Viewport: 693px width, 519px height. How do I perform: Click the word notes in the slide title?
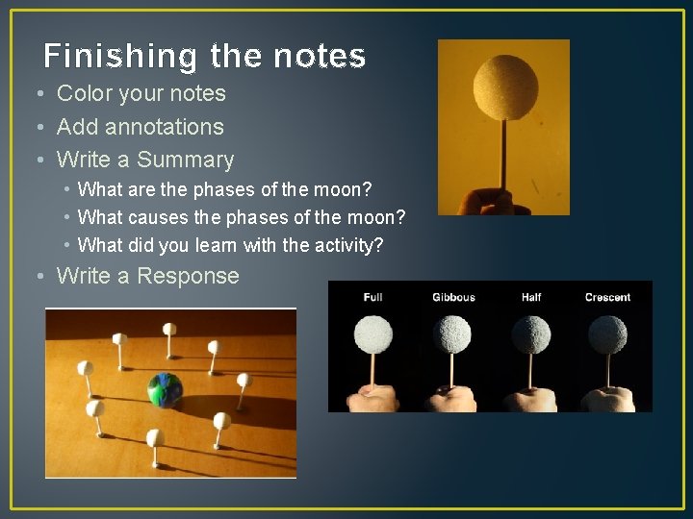pyautogui.click(x=319, y=57)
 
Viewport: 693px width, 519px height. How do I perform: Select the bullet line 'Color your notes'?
pyautogui.click(x=141, y=93)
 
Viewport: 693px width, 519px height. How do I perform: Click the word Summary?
pyautogui.click(x=185, y=160)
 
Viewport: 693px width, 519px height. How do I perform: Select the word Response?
pyautogui.click(x=188, y=276)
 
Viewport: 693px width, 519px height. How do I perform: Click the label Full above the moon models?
pyautogui.click(x=372, y=297)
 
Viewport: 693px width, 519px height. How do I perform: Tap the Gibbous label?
pyautogui.click(x=453, y=297)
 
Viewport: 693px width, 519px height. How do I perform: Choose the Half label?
pyautogui.click(x=530, y=297)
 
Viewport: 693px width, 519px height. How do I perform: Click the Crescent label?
pyautogui.click(x=607, y=297)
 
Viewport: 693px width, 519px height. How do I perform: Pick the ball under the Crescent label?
pyautogui.click(x=607, y=334)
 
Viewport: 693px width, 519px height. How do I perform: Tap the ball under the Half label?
pyautogui.click(x=530, y=334)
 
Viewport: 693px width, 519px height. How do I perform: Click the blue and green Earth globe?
pyautogui.click(x=165, y=390)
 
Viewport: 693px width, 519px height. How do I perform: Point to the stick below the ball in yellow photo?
pyautogui.click(x=501, y=154)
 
